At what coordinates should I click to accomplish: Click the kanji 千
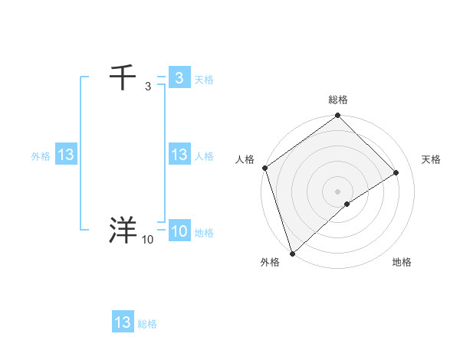tap(123, 78)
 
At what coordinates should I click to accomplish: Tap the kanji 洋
tap(123, 231)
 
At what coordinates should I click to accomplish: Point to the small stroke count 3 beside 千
tap(147, 87)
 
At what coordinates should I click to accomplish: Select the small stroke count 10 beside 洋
tap(147, 240)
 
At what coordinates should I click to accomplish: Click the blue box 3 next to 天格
tap(179, 78)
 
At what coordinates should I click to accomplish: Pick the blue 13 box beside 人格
tap(179, 155)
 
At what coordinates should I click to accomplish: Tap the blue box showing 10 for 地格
tap(179, 231)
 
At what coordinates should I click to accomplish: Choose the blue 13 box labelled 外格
tap(66, 155)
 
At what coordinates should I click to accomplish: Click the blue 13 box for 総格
tap(123, 322)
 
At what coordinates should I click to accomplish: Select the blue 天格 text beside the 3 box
tap(204, 80)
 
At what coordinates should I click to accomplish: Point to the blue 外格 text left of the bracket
tap(41, 156)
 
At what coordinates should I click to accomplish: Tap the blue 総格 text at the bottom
tap(147, 324)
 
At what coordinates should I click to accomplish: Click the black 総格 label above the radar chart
tap(337, 100)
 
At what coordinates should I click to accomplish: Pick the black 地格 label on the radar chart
tap(402, 263)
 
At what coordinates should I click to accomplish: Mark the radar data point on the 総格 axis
tap(337, 116)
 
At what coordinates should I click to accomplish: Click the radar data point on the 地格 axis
tap(347, 204)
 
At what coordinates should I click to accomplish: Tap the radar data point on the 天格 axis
tap(396, 172)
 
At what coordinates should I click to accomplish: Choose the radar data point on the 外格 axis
tap(292, 252)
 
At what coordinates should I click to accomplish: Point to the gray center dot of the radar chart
tap(337, 191)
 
